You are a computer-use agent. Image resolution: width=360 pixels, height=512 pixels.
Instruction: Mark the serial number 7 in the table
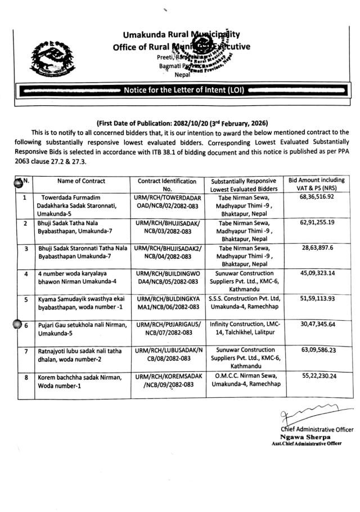pos(24,351)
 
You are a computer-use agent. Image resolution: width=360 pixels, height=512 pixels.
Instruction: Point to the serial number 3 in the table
pos(24,248)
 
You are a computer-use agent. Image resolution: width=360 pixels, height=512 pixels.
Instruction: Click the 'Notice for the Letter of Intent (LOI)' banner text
pos(181,90)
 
